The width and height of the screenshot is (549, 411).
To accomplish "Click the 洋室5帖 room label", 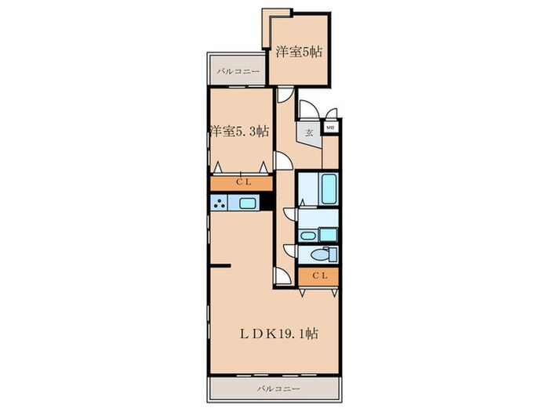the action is (x=299, y=52).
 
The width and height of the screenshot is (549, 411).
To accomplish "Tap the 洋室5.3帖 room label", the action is (x=240, y=132).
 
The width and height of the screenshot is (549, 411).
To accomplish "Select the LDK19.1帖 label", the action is (x=279, y=333).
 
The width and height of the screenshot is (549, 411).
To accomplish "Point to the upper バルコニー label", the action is (x=238, y=72).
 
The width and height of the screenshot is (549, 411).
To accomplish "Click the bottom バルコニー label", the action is (x=278, y=388).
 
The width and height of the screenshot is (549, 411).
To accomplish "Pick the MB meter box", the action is (x=330, y=128).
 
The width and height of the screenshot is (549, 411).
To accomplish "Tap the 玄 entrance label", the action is (x=309, y=133).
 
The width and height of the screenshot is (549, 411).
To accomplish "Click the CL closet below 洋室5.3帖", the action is (x=242, y=183).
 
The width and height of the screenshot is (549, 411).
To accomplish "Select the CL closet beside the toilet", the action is (x=318, y=276).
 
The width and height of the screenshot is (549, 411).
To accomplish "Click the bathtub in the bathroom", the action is (x=329, y=189).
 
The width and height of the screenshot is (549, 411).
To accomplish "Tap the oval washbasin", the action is (x=307, y=236).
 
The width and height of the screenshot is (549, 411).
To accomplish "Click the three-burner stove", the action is (x=219, y=203).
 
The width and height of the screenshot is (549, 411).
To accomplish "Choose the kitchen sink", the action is (x=249, y=203).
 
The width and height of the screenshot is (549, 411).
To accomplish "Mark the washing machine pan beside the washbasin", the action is (x=329, y=235).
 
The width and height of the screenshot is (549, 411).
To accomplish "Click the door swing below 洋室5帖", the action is (x=284, y=95).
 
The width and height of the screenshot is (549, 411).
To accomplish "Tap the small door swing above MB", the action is (x=331, y=114).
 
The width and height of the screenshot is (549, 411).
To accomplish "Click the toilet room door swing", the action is (x=291, y=251).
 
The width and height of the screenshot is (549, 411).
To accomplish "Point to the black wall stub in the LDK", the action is (x=220, y=266).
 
